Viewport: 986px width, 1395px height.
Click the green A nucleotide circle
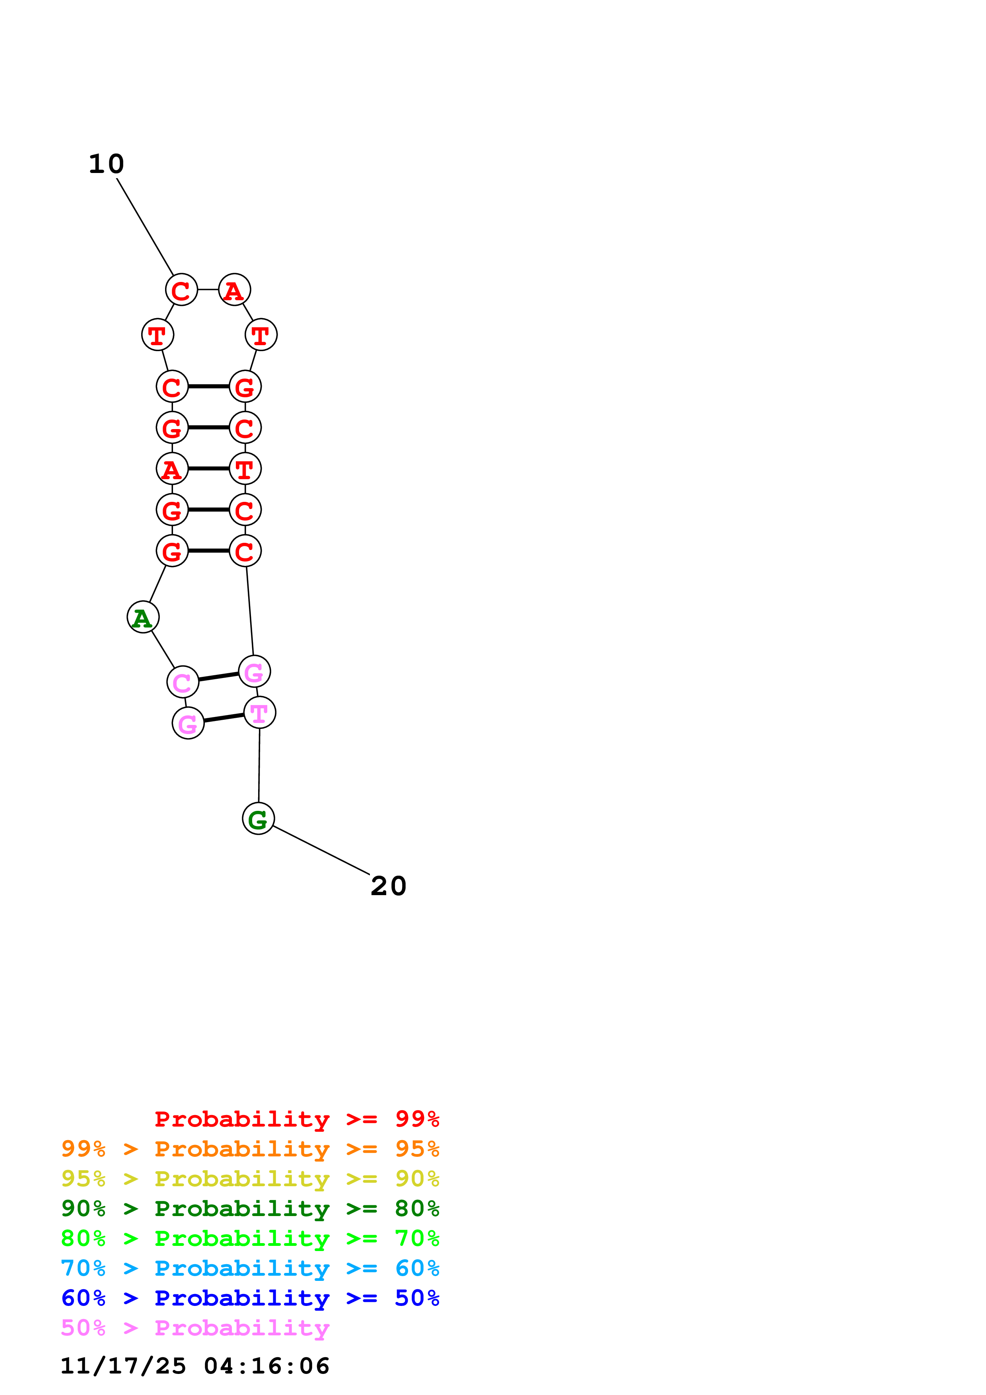tap(143, 617)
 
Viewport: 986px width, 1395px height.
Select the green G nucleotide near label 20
tap(258, 818)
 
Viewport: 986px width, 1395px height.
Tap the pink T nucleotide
tap(259, 713)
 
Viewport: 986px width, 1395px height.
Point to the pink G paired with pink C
tap(254, 671)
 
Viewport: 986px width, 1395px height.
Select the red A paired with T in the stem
tap(172, 468)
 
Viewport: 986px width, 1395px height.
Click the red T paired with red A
tap(245, 468)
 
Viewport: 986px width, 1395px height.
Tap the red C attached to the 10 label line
tap(181, 290)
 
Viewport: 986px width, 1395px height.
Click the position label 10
tap(106, 164)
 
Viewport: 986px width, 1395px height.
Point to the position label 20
tap(388, 886)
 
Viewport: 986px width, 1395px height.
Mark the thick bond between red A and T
tap(208, 468)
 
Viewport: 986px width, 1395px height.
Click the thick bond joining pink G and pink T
tap(224, 718)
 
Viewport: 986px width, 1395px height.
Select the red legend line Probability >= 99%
tap(296, 1119)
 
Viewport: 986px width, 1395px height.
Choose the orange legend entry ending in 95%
tap(250, 1149)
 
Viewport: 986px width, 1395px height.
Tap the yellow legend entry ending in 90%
tap(250, 1179)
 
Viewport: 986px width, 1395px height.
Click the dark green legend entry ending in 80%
tap(250, 1208)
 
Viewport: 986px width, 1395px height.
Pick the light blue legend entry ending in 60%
tap(250, 1268)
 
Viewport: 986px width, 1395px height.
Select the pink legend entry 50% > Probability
tap(195, 1327)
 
